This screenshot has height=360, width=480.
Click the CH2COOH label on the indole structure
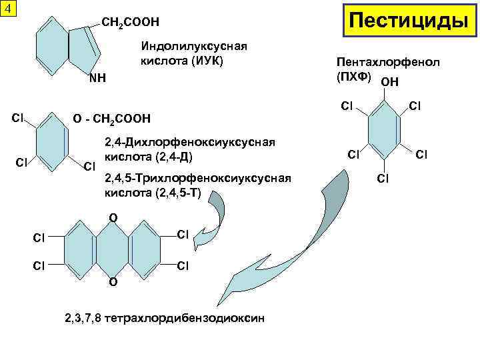click(131, 23)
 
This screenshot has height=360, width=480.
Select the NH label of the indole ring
click(98, 78)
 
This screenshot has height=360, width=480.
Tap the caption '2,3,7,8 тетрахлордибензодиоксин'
click(164, 318)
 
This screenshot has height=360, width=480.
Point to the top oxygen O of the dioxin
click(113, 218)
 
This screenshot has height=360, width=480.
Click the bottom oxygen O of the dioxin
click(113, 282)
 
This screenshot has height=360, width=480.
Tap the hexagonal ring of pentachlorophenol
click(383, 131)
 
